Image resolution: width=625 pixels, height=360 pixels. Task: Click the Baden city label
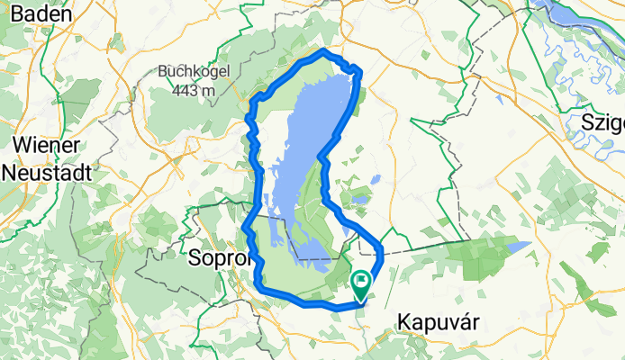tap(44, 13)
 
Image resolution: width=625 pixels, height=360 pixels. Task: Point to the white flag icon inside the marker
tap(361, 283)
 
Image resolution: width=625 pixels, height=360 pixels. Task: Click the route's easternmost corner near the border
tap(382, 247)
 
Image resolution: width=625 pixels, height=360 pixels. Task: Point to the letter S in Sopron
tap(194, 259)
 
